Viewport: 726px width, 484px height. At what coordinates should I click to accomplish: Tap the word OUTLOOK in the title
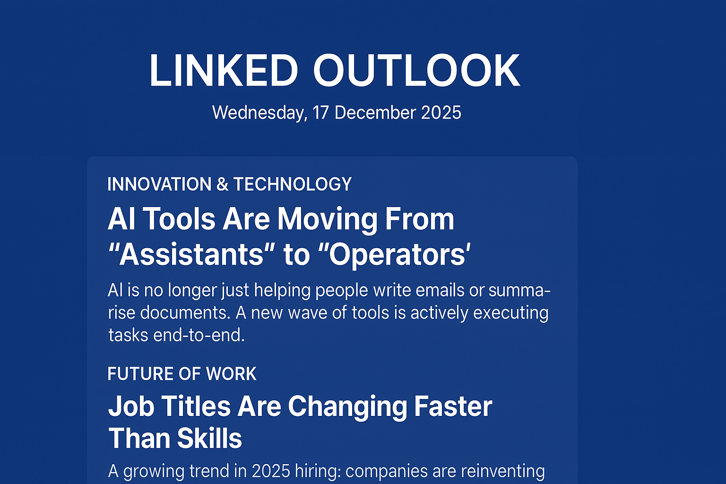point(416,71)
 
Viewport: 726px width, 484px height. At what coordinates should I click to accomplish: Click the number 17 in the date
point(320,113)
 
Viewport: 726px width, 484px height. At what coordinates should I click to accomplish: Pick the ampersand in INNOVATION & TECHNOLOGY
point(222,184)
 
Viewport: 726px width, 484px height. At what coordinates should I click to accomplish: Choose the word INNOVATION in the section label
point(159,184)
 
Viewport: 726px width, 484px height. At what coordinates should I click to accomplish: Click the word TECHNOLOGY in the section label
point(292,184)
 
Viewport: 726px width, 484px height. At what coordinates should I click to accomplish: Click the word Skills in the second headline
point(209,439)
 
